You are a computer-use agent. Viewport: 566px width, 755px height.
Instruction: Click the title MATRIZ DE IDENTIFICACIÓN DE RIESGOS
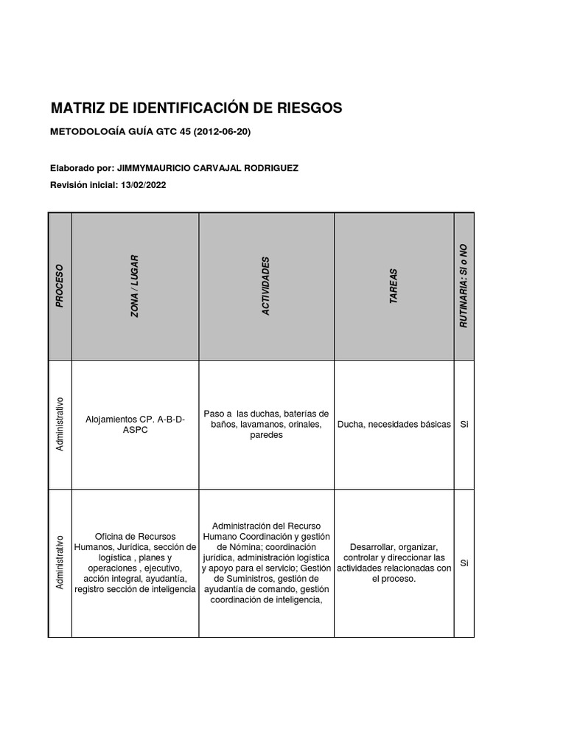click(x=196, y=108)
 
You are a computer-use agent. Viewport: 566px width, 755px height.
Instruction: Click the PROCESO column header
click(x=60, y=285)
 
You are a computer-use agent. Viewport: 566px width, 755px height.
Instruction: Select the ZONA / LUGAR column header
click(x=135, y=285)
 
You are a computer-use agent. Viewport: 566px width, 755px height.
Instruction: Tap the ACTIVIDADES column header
click(x=266, y=286)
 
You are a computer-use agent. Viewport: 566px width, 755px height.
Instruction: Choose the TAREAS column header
click(x=394, y=286)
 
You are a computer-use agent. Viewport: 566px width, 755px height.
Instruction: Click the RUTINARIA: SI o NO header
click(x=464, y=286)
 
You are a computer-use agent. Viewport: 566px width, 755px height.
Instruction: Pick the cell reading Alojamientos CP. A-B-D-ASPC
click(x=136, y=424)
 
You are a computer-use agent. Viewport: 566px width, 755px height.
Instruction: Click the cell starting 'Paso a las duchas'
click(x=266, y=424)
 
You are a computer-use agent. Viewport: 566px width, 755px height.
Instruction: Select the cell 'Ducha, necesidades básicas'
click(x=394, y=425)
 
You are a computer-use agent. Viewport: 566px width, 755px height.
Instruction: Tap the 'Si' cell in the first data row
click(x=464, y=425)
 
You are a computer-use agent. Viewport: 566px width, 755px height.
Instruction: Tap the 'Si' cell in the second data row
click(x=464, y=563)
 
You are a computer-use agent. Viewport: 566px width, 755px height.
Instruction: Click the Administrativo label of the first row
click(x=60, y=424)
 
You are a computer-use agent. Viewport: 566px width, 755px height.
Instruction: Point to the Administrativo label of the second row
click(x=60, y=563)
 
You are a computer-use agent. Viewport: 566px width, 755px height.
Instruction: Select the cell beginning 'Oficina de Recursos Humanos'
click(x=136, y=563)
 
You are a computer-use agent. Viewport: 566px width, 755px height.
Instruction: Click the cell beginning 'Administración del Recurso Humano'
click(x=266, y=563)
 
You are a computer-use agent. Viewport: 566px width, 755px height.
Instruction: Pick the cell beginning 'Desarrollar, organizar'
click(x=394, y=563)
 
